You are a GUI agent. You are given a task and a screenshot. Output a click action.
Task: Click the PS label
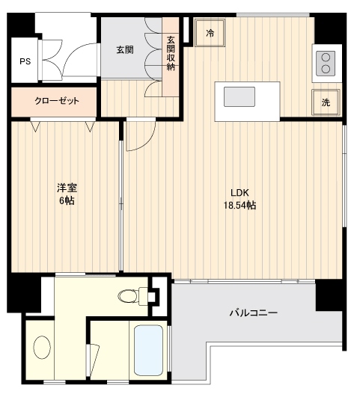click(25, 61)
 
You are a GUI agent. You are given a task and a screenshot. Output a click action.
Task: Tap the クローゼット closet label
click(57, 101)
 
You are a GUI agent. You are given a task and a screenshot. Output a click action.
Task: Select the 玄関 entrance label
click(125, 50)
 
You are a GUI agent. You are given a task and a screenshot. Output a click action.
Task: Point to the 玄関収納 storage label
click(171, 53)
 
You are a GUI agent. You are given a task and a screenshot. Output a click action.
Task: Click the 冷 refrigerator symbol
click(210, 33)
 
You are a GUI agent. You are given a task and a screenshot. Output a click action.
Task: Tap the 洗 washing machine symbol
click(326, 102)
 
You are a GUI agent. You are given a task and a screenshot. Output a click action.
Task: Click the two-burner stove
click(326, 64)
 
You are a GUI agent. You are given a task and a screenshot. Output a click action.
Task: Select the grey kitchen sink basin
click(240, 96)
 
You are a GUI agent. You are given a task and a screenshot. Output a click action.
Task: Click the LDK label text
click(240, 193)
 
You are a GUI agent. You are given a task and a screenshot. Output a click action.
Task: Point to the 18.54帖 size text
click(240, 206)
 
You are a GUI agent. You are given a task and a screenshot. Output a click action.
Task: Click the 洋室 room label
click(67, 188)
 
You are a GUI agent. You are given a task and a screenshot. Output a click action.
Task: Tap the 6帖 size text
click(67, 200)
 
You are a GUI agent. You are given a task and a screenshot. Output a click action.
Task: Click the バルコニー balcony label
click(253, 313)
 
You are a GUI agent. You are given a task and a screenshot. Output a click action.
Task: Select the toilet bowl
click(132, 296)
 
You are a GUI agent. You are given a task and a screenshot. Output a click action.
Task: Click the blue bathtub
click(148, 351)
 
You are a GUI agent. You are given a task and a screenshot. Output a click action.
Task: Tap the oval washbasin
click(42, 347)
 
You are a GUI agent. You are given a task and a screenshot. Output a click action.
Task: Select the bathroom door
click(93, 360)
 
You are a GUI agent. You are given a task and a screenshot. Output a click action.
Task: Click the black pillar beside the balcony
click(329, 295)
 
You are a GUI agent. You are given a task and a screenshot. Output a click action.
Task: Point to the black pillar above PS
click(21, 25)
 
